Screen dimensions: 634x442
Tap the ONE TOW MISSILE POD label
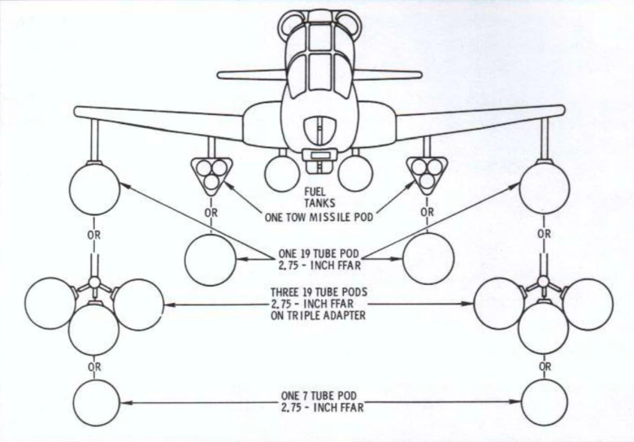(319, 217)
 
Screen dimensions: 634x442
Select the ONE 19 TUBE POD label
(319, 253)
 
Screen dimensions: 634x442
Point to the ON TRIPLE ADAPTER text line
(318, 315)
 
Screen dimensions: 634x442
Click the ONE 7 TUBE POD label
(319, 395)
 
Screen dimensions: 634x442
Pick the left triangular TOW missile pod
(211, 176)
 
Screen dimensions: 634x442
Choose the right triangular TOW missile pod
(427, 176)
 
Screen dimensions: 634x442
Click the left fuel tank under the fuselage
(282, 174)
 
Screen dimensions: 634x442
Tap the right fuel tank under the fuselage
(356, 174)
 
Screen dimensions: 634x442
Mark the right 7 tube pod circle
(545, 402)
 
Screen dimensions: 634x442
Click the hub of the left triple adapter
(95, 282)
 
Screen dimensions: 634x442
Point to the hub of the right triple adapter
(542, 282)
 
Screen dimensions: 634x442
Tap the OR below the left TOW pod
(211, 213)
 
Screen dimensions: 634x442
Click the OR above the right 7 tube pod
(545, 367)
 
